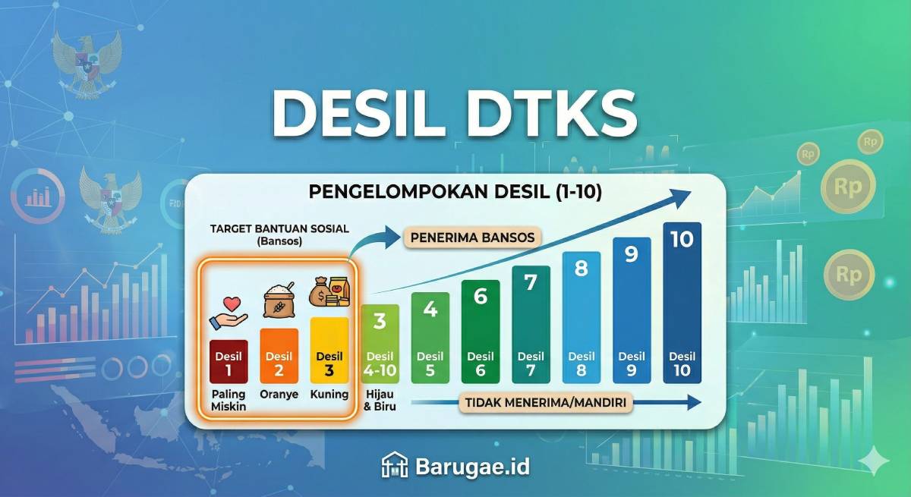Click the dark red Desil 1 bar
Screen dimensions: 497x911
coord(229,362)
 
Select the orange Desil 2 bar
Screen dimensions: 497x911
coord(279,356)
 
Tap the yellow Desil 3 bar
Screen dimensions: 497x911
coord(329,350)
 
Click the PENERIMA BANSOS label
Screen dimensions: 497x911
coord(472,237)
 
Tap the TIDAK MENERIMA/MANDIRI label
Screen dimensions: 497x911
coord(546,403)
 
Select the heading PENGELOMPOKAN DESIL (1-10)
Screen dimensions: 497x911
coord(455,193)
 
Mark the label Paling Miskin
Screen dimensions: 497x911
coord(229,401)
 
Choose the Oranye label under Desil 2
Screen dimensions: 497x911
coord(279,395)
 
